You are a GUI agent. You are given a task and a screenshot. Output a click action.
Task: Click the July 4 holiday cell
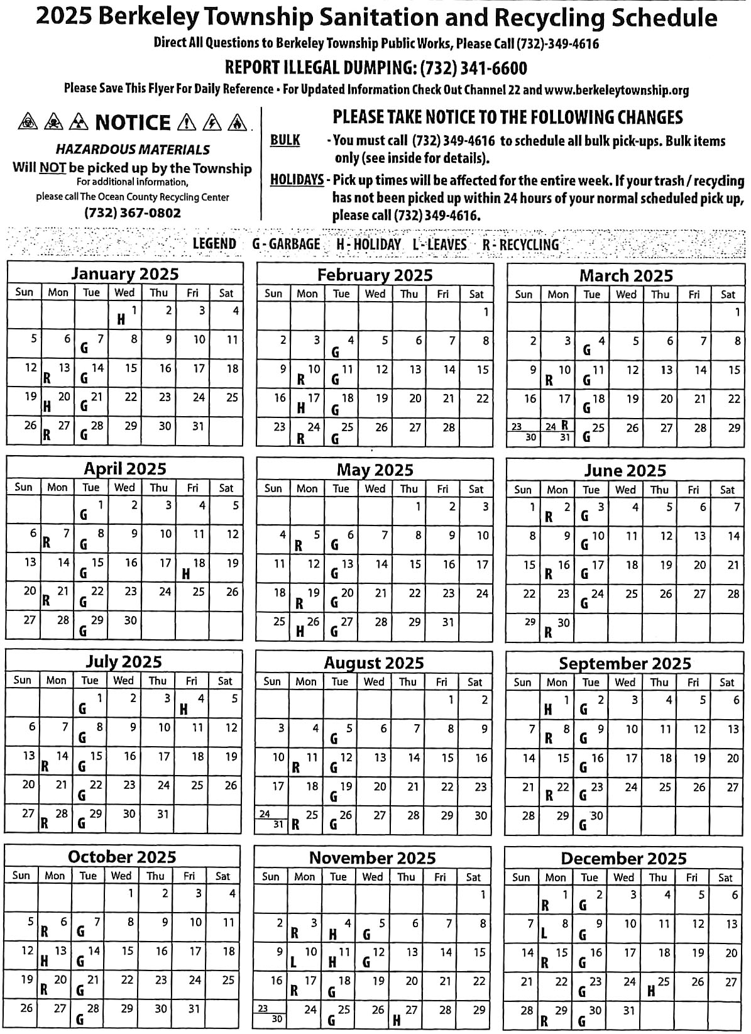192,703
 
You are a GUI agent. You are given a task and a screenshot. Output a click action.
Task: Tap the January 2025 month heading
124,274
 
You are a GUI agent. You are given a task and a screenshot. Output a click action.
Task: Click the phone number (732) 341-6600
473,68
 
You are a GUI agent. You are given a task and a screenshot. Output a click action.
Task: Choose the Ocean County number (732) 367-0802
133,213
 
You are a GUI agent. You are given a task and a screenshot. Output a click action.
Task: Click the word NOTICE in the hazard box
133,123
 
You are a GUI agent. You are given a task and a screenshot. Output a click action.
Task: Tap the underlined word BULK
285,140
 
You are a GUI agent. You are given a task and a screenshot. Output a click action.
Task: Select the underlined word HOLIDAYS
297,180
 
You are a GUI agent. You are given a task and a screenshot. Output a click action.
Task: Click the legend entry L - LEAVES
439,245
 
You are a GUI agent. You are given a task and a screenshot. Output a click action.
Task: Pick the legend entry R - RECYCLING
520,245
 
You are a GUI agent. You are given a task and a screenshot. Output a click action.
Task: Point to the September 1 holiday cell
557,705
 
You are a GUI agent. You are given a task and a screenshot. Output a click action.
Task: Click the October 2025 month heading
122,857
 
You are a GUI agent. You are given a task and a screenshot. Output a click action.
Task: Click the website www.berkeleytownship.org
617,90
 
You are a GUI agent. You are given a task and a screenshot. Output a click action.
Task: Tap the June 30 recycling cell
557,627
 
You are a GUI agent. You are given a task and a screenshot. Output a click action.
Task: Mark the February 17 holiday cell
307,403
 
